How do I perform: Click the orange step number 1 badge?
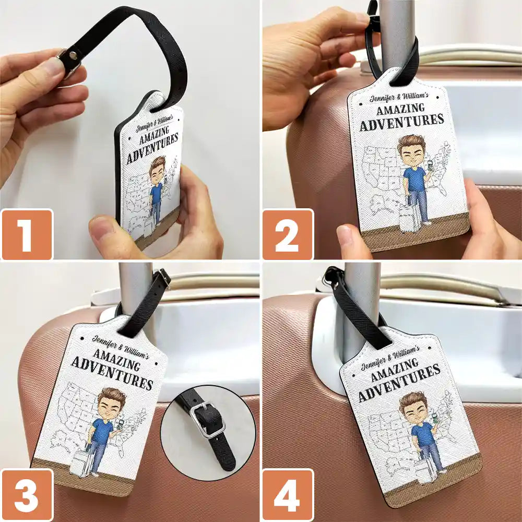click(27, 234)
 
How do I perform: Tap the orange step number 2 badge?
click(288, 234)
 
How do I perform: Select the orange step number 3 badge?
click(27, 494)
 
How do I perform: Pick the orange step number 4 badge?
click(288, 494)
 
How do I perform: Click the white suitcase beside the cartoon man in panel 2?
click(408, 218)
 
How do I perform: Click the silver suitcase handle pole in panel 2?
click(397, 31)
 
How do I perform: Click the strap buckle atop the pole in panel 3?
click(163, 277)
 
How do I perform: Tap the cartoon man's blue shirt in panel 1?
click(156, 192)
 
